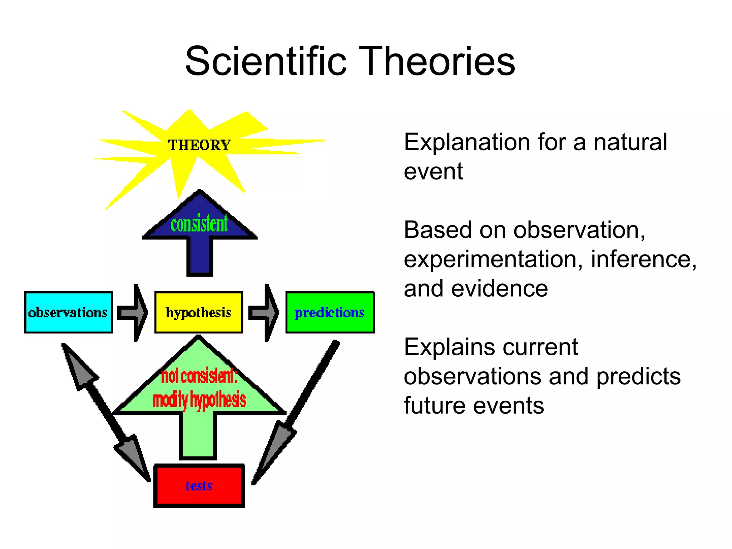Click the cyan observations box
click(68, 312)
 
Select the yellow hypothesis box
click(198, 312)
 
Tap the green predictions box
click(330, 312)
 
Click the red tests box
click(199, 486)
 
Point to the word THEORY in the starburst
click(199, 145)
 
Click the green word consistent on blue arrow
click(199, 224)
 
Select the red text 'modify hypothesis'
click(199, 400)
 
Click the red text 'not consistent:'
click(199, 376)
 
